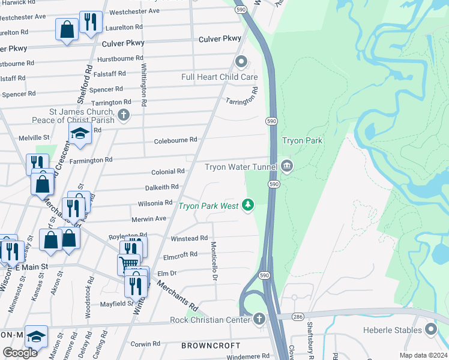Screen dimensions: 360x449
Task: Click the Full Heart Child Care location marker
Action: (241, 61)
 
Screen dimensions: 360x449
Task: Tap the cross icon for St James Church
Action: (124, 115)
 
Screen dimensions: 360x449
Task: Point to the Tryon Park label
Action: (303, 141)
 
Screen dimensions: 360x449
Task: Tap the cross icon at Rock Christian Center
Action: (259, 319)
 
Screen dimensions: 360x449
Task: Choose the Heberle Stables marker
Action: (431, 329)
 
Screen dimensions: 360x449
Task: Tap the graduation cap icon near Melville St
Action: (79, 134)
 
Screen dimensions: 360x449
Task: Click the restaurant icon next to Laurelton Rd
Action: (91, 22)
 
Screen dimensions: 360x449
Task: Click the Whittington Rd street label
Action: (144, 82)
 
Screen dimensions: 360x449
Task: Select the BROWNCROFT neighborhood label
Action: (211, 346)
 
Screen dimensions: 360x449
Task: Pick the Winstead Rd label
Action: (189, 238)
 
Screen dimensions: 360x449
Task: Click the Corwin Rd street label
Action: (145, 344)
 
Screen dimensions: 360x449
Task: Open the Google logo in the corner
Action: (20, 353)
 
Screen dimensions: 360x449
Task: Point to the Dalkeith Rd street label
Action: (161, 187)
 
